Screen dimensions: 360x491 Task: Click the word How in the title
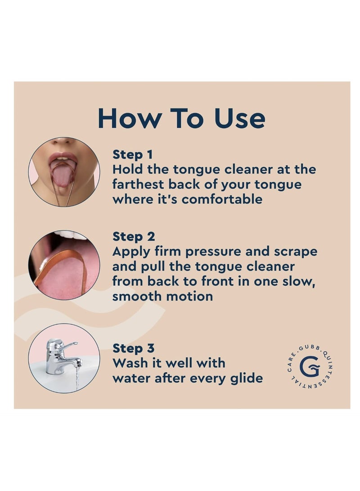(130, 118)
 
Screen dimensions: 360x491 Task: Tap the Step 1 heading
(133, 154)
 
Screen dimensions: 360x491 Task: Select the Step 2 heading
(134, 236)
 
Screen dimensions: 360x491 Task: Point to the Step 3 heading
(134, 348)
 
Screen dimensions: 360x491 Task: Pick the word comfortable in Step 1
(222, 199)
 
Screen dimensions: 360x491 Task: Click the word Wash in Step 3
(130, 363)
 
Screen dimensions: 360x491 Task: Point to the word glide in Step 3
(246, 379)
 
